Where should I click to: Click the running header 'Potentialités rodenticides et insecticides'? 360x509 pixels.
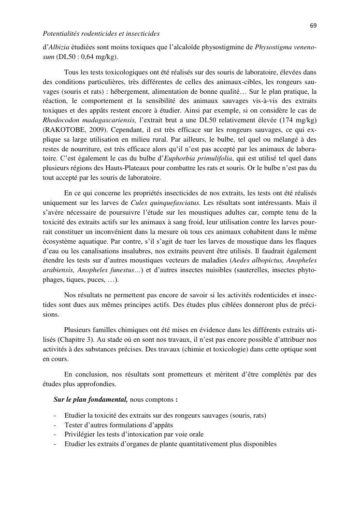click(x=101, y=34)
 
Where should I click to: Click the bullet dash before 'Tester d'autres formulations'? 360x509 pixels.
click(x=56, y=425)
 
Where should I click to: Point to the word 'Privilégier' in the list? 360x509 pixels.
click(x=81, y=434)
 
